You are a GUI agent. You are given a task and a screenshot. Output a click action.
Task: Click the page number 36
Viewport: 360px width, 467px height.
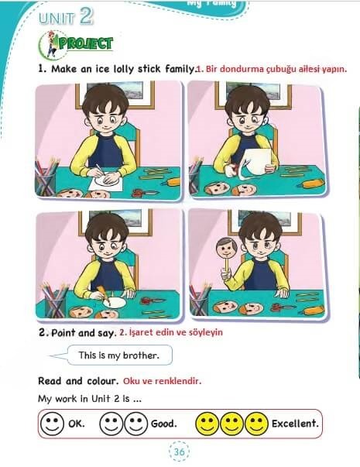click(179, 452)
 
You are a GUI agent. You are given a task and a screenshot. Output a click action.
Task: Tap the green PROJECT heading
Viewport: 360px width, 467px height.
click(86, 43)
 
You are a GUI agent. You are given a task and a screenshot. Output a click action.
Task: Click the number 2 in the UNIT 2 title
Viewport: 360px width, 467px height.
click(87, 16)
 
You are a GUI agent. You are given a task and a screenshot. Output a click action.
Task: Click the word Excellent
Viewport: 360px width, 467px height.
click(295, 424)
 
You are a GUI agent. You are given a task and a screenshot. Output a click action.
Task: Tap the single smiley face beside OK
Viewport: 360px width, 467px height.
click(52, 424)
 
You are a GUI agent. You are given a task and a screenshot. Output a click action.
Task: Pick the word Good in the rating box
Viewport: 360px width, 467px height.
click(163, 424)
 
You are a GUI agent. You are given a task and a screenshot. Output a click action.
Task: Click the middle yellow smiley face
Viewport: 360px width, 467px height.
click(231, 424)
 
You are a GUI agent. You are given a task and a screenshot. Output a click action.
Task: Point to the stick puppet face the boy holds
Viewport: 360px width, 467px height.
click(227, 248)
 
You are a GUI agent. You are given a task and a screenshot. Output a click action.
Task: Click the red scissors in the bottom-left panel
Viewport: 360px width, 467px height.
click(152, 300)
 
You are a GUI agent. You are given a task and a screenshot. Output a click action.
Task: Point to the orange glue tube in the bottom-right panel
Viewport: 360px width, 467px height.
click(313, 311)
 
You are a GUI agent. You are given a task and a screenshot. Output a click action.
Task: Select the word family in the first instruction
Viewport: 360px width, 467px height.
click(180, 69)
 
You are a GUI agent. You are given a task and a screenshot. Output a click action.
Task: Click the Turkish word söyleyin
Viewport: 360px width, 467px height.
click(206, 332)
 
